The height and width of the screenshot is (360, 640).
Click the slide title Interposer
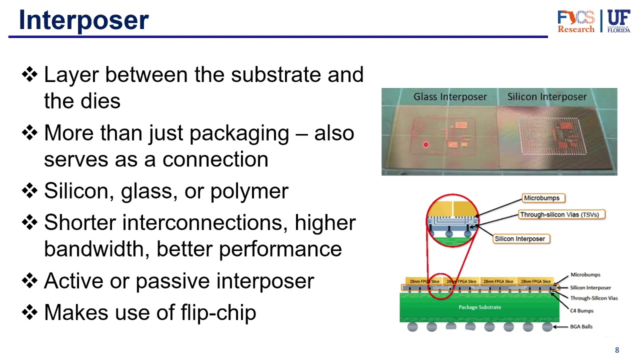(83, 20)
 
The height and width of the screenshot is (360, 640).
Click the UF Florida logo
(618, 21)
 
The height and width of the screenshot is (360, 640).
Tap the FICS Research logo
(576, 21)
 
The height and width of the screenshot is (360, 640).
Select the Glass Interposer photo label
(450, 97)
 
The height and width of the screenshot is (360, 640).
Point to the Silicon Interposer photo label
(546, 97)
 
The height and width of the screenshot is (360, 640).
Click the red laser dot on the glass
(426, 145)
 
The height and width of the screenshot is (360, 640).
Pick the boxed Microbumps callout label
(541, 198)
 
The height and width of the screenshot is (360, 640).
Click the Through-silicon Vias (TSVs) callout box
(562, 214)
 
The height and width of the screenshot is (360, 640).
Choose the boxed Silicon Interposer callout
(520, 238)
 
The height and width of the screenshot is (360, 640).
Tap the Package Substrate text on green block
(479, 307)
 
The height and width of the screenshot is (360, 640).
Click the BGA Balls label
(581, 326)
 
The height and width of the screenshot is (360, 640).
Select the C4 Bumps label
(582, 310)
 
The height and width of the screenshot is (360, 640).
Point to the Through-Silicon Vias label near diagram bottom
(594, 298)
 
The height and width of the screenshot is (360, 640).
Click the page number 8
(617, 350)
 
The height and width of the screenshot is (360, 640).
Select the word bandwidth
(96, 248)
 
